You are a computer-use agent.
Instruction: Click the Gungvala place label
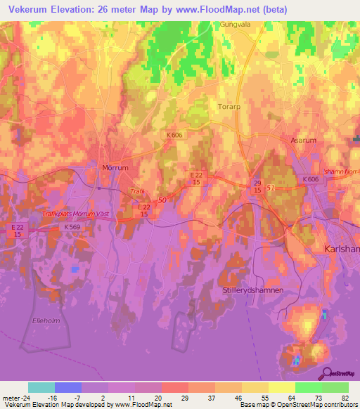point(235,23)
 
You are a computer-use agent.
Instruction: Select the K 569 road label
point(72,228)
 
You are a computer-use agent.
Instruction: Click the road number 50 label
point(162,201)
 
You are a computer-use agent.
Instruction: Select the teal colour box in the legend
point(41,387)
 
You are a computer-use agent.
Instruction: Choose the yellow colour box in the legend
point(281,387)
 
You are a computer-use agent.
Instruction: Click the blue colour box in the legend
point(68,387)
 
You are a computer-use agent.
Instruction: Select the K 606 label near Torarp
point(176,134)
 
